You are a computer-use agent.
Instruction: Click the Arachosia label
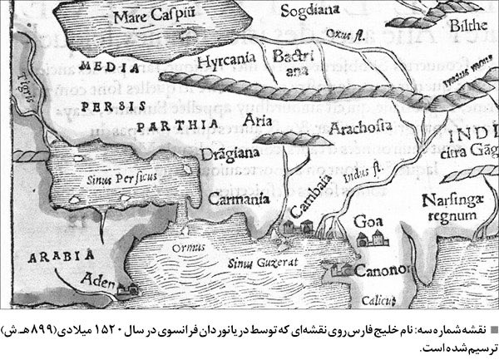pos(362,128)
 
